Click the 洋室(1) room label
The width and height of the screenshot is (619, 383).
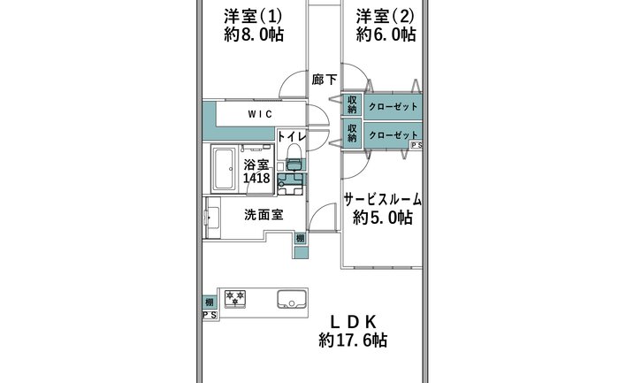click(x=253, y=17)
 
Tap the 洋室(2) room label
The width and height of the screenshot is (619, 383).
click(x=385, y=17)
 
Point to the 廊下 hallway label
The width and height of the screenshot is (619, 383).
click(x=325, y=80)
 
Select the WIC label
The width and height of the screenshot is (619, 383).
click(x=260, y=114)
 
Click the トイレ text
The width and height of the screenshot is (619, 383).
click(x=292, y=137)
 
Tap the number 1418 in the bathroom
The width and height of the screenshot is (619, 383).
click(x=256, y=178)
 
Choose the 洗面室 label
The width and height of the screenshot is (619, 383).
click(x=264, y=215)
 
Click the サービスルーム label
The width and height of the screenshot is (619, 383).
click(x=383, y=199)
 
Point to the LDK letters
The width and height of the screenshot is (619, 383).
click(x=354, y=323)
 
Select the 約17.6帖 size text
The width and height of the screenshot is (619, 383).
click(x=353, y=340)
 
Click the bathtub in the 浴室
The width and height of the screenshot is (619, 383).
click(x=225, y=169)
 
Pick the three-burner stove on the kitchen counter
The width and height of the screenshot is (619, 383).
click(x=235, y=298)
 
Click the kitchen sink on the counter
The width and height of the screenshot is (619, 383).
click(x=292, y=300)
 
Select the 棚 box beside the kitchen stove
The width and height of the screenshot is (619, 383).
click(x=210, y=303)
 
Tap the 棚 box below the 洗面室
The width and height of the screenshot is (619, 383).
click(x=301, y=239)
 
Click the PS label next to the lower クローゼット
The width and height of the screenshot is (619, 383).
click(x=416, y=145)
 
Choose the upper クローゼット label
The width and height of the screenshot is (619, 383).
click(x=393, y=107)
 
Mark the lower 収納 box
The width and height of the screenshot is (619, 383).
click(x=352, y=134)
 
